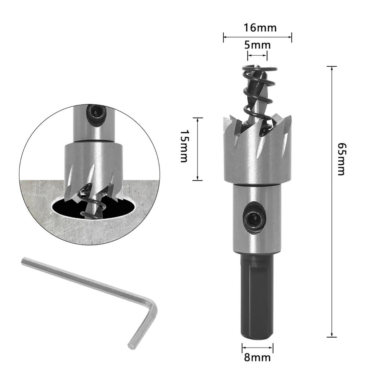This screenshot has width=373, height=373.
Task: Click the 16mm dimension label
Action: (260, 28)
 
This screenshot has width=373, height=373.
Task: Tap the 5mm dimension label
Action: (258, 45)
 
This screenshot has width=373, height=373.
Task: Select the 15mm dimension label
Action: (184, 146)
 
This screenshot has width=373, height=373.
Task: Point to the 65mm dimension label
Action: (341, 159)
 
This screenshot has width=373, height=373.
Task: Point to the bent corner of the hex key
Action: (152, 305)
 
